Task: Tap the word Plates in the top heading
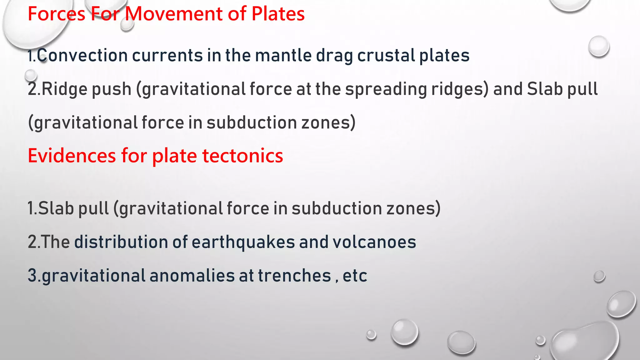coord(278,14)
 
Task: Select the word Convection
coord(82,56)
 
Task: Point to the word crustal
coord(386,56)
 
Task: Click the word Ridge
coord(64,89)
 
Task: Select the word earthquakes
coord(243,242)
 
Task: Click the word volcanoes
coord(374,242)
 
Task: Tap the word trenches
coord(294,276)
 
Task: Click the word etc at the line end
coord(355,276)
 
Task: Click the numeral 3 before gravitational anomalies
coord(32,276)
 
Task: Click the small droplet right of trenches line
coord(599,277)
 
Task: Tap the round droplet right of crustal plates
coord(598,46)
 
